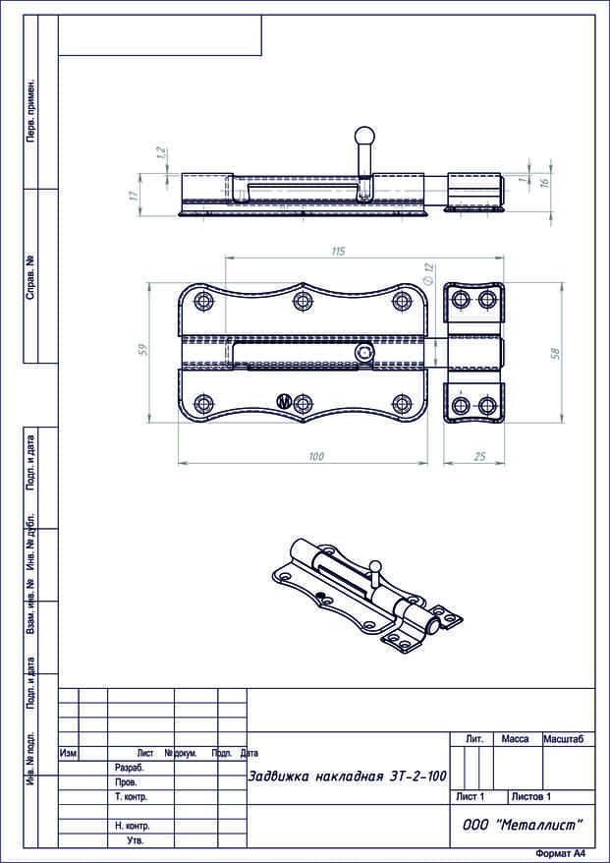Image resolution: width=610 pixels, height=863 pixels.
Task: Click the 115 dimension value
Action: [x=338, y=253]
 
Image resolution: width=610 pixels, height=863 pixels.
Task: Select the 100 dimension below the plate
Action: [x=316, y=457]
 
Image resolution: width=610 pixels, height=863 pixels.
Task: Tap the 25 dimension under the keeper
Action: [x=479, y=457]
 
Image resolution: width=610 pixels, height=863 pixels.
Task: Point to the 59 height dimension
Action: [x=143, y=349]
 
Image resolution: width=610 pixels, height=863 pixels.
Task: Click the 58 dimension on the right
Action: [x=556, y=353]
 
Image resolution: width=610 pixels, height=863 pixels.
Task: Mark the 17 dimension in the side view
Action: [x=133, y=195]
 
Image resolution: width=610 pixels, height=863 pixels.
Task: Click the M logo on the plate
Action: [x=283, y=401]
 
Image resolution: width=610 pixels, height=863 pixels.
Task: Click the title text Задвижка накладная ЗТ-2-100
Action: [x=347, y=777]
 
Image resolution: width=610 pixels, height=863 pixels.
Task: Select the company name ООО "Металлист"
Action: [x=522, y=826]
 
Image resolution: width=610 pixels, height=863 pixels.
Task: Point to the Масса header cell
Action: [x=515, y=738]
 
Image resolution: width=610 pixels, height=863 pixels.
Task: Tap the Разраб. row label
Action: [x=129, y=767]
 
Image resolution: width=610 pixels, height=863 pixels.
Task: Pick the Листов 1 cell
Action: [x=530, y=796]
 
